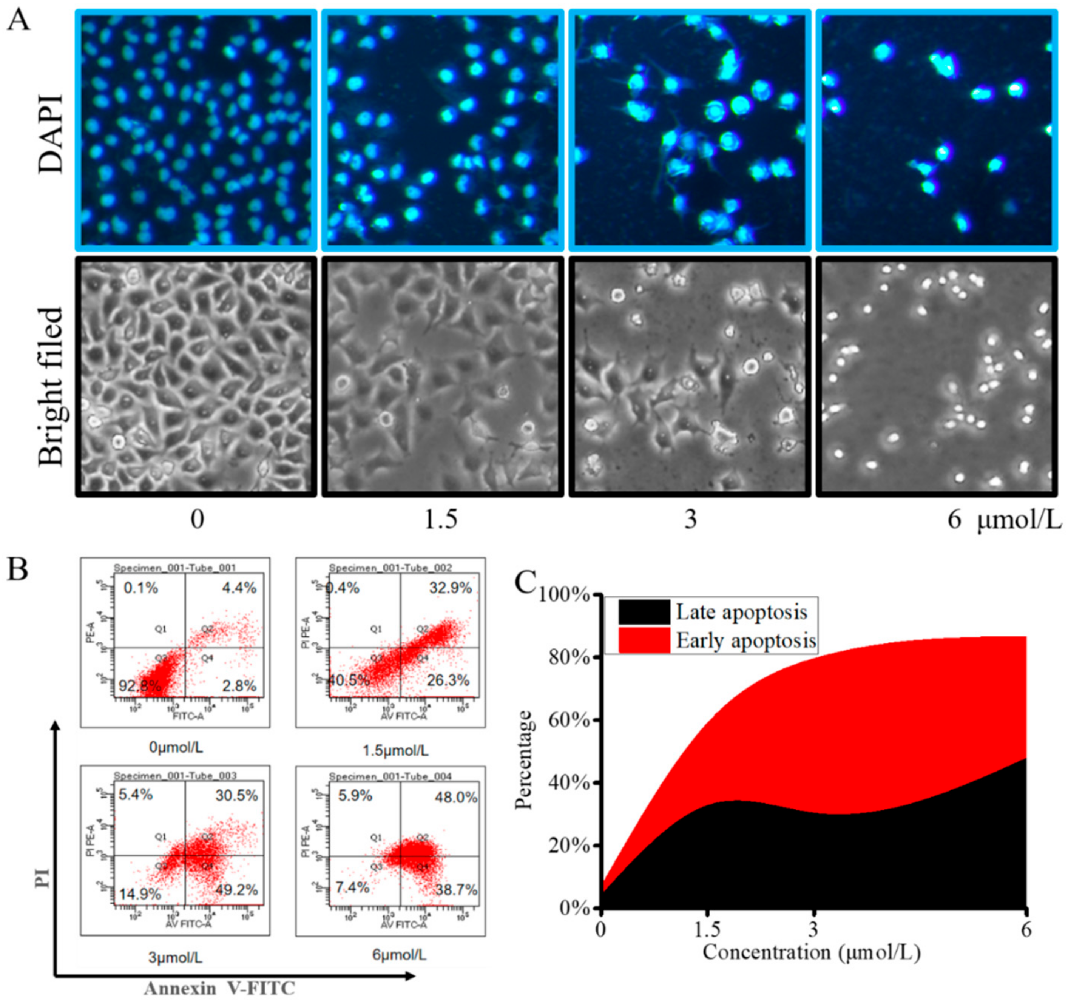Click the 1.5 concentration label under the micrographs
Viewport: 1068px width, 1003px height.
(441, 520)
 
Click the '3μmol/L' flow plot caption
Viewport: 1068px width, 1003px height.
(175, 956)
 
